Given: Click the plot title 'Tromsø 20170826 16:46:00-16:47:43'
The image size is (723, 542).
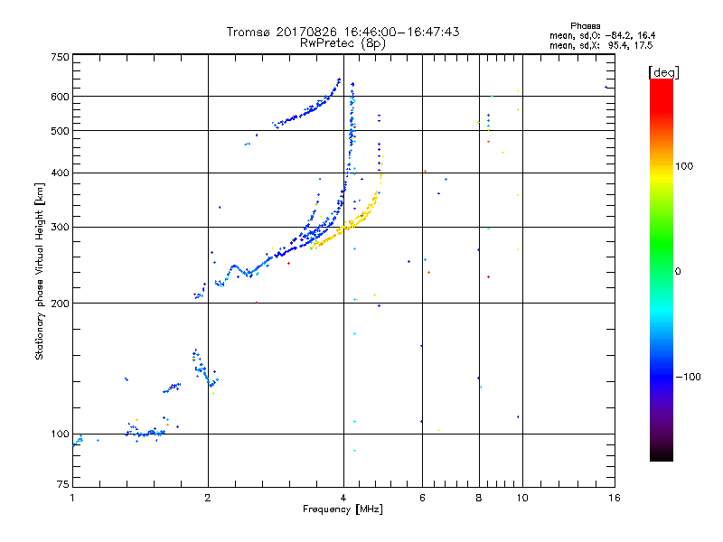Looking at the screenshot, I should point(343,32).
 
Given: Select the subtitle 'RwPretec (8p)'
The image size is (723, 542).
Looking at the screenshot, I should point(343,42).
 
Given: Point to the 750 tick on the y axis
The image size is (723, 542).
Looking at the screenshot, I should point(60,56).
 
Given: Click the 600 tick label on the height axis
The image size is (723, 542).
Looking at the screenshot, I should point(60,97).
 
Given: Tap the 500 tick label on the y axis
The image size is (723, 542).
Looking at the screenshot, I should point(60,131).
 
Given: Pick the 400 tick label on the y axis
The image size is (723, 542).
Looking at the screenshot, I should point(60,173).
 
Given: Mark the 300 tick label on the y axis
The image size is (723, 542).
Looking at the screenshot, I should point(60,227).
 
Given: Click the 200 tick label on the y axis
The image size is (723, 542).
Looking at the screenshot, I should point(60,304).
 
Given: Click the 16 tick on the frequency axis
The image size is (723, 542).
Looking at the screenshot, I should point(614,498).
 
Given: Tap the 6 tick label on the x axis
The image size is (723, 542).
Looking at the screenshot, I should point(422,498).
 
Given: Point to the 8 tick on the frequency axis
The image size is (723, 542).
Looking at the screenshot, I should point(478,498).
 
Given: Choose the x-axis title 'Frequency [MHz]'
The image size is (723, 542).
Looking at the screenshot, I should point(343,510).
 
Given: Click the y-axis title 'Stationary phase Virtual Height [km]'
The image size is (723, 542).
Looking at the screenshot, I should point(40,271).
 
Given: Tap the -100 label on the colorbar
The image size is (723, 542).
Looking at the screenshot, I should point(689,377).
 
